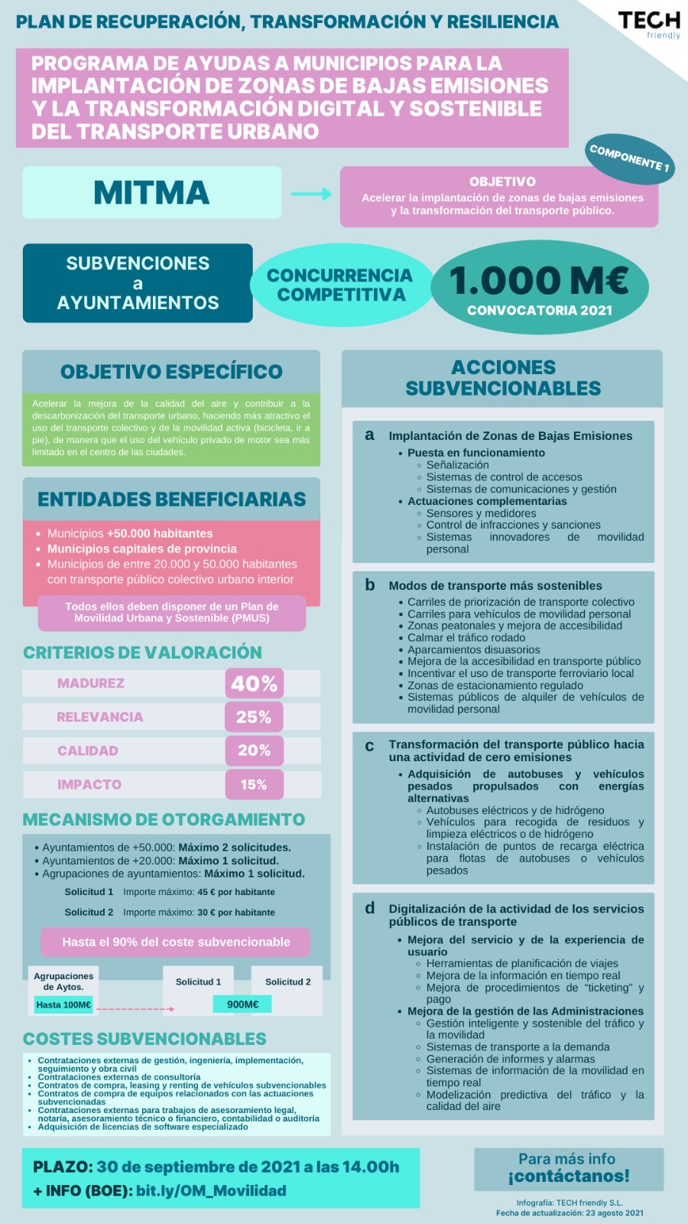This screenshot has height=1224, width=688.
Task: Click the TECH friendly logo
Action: (649, 24)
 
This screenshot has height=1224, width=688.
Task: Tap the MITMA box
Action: (151, 193)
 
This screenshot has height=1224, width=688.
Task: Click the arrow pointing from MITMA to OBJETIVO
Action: (311, 194)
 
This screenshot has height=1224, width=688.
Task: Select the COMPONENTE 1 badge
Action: (630, 158)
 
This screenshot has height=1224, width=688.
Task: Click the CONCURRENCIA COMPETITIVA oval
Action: (340, 285)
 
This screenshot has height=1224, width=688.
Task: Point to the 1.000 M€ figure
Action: (539, 281)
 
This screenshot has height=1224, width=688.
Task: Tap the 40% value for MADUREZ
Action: (254, 683)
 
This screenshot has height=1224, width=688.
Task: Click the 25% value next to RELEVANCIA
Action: (254, 717)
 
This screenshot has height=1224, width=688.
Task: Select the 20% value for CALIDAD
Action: (254, 750)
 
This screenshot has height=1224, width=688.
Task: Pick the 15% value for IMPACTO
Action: (254, 784)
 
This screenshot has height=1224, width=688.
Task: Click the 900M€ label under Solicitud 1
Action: (242, 1004)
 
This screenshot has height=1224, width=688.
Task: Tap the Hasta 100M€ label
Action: (63, 1004)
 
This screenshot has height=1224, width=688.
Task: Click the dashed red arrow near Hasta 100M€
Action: (135, 1009)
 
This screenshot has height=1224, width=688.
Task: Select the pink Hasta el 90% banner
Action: (176, 942)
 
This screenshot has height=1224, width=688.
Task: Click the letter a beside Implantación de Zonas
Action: (369, 435)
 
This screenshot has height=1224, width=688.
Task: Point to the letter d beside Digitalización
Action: (369, 908)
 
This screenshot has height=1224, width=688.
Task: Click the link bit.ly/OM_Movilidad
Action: (211, 1190)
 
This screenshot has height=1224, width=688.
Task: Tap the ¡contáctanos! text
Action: (568, 1176)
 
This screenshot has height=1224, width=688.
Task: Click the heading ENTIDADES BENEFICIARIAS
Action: (171, 500)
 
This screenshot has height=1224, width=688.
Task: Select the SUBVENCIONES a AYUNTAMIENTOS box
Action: (138, 283)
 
